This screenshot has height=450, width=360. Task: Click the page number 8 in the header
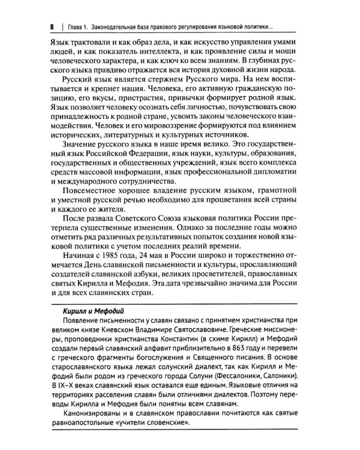(53, 28)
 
